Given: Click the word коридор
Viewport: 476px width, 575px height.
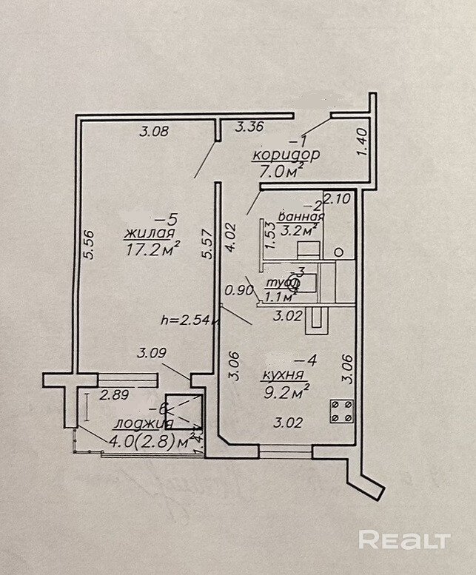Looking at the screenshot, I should point(286,155).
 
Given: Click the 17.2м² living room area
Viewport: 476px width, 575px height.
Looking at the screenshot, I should point(153,251).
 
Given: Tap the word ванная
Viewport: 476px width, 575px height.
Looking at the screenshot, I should point(301,216).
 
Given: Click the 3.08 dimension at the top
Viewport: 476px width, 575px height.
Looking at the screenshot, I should point(155,132).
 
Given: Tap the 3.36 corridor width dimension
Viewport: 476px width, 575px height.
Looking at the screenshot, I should point(249,127).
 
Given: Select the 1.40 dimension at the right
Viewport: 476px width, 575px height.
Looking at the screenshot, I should point(362,142).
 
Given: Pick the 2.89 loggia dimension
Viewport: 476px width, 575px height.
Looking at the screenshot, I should point(115,395).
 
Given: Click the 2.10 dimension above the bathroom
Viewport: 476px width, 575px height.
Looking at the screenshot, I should point(337,198).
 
